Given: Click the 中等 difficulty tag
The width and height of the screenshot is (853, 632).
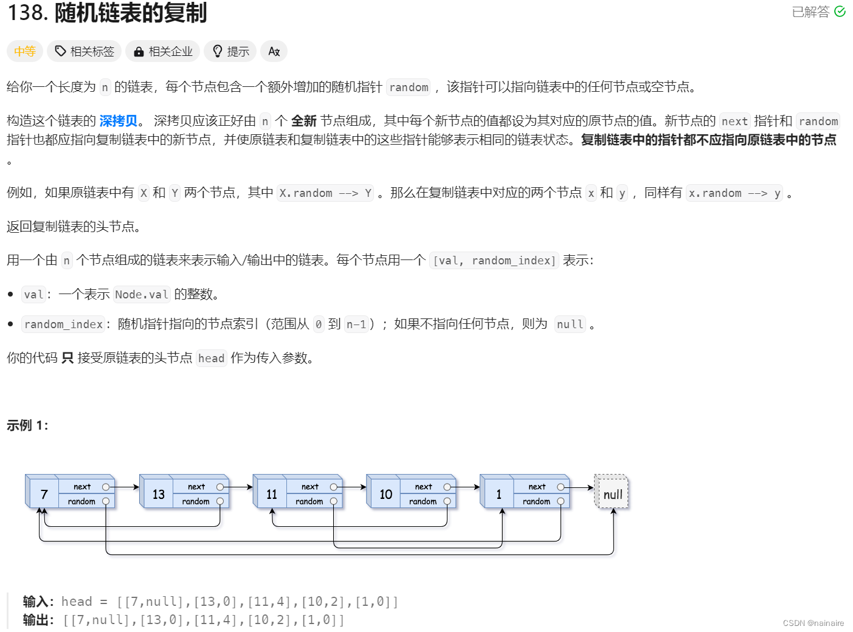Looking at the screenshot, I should click(x=25, y=52).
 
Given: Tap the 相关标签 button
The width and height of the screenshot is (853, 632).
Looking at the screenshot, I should click(x=85, y=52).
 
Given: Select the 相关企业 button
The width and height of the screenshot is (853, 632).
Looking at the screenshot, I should click(x=163, y=52).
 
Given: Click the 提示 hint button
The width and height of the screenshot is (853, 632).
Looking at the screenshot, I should click(x=230, y=52).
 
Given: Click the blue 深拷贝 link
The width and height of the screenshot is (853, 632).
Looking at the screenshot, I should click(x=119, y=121).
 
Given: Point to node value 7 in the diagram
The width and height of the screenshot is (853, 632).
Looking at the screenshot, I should click(x=44, y=494).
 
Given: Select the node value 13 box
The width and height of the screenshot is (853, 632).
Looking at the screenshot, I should click(x=158, y=494).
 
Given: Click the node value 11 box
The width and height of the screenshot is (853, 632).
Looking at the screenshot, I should click(x=272, y=494).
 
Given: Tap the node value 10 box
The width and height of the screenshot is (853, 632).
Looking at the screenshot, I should click(x=385, y=494).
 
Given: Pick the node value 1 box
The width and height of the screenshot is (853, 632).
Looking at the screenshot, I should click(x=499, y=494).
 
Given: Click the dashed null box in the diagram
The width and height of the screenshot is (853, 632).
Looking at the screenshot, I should click(x=612, y=494).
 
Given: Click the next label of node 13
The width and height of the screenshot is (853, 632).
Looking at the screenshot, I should click(x=196, y=487).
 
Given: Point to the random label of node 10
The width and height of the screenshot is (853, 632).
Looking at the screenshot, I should click(x=423, y=501).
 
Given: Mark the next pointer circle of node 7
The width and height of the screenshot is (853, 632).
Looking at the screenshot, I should click(x=106, y=487).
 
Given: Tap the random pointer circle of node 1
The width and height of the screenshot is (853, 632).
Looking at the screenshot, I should click(x=561, y=501).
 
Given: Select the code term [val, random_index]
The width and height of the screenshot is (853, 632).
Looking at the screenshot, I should click(x=494, y=261).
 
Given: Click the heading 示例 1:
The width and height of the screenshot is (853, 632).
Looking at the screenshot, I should click(x=27, y=425).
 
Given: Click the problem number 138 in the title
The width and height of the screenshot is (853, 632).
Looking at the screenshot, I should click(x=27, y=13).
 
